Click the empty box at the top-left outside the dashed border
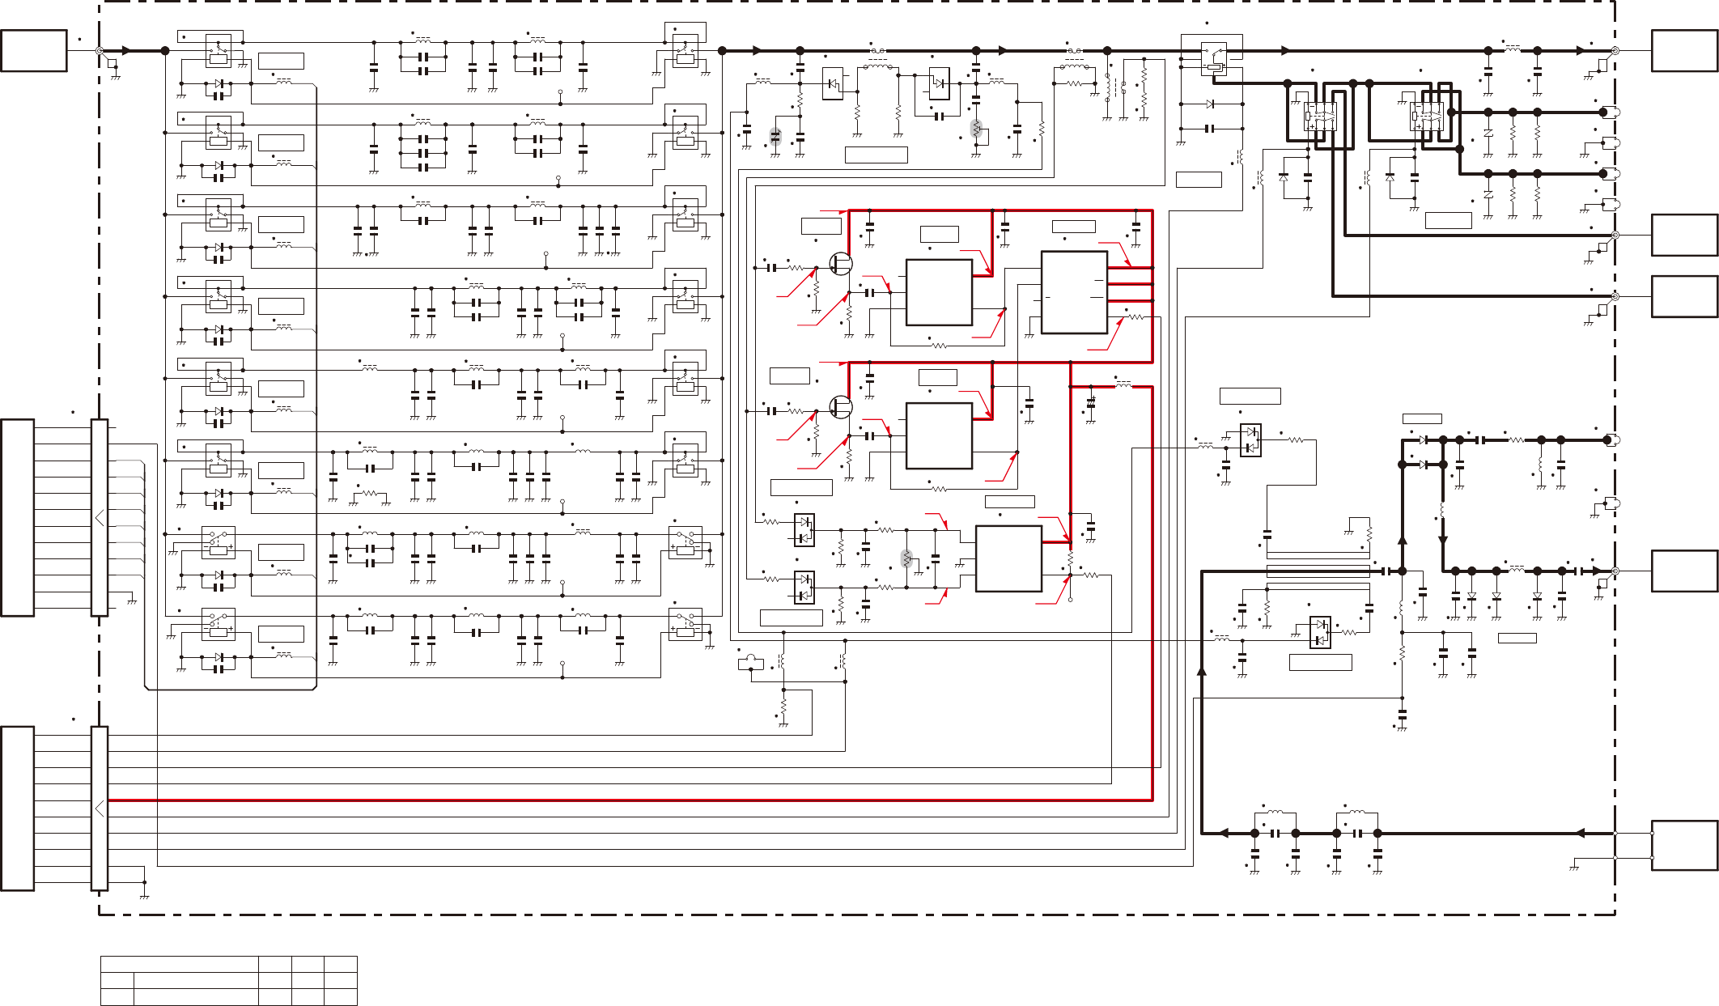33,51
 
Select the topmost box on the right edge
1684,51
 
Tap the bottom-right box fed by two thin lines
1684,845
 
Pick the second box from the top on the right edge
1684,235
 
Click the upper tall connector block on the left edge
18,517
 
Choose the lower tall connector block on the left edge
18,808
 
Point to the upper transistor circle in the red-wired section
841,264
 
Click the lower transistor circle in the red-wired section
841,406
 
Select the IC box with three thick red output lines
1074,292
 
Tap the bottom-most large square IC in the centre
1008,558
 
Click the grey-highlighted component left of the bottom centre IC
906,558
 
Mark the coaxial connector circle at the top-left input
100,51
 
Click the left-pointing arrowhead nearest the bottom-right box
1578,833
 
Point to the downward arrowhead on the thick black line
1442,539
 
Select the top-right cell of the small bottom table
340,963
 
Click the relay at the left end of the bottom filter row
218,624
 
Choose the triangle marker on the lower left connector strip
100,808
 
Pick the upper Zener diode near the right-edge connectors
1488,132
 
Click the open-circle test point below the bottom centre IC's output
1070,601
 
